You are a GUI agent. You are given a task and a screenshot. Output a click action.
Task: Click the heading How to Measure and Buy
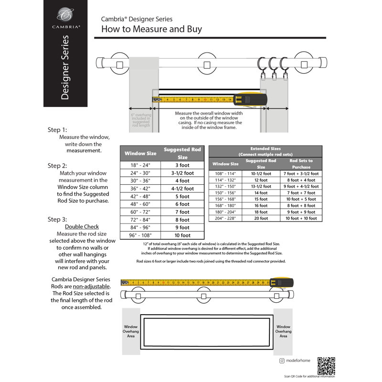(151, 29)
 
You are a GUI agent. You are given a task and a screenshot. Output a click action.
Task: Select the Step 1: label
(57, 130)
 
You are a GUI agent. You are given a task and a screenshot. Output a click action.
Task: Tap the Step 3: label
(57, 219)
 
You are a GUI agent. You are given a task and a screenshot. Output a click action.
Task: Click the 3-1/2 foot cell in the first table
(182, 173)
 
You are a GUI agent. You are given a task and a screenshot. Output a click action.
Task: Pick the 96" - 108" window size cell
(140, 235)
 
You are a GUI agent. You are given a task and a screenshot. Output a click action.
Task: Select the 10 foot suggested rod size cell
(182, 235)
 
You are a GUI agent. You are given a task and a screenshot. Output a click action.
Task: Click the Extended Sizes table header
(265, 151)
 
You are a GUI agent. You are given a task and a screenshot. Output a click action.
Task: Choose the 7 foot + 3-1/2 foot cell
(301, 174)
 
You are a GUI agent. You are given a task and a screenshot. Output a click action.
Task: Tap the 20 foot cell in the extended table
(261, 218)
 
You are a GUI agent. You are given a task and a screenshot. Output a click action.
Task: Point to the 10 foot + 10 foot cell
(301, 218)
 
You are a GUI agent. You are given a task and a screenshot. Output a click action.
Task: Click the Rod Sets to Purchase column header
(301, 164)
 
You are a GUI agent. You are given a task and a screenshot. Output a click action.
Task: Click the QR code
(327, 366)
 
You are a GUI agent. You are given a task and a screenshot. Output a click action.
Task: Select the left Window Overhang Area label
(131, 331)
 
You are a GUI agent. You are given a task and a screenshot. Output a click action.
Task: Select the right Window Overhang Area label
(283, 331)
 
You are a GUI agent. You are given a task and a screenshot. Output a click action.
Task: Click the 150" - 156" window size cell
(225, 192)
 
